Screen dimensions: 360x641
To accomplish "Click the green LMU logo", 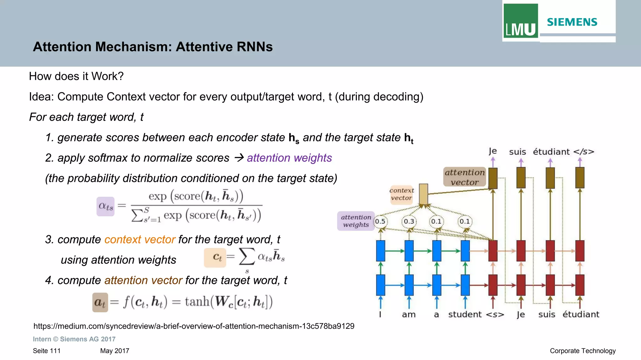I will [x=520, y=21].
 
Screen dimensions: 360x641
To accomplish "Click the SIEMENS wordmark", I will [x=572, y=22].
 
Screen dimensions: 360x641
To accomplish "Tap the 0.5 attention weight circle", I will [x=380, y=221].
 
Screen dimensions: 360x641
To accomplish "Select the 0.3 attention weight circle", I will [x=409, y=221].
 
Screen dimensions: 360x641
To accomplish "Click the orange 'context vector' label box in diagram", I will [x=402, y=194].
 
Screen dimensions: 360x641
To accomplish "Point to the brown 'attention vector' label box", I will [x=464, y=177].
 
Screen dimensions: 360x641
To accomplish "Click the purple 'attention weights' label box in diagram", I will [x=356, y=221].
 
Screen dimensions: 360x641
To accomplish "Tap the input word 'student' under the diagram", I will [x=465, y=314].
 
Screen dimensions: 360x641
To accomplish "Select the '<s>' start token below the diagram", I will [x=495, y=315].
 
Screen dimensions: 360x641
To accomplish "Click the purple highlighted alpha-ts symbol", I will [x=105, y=206].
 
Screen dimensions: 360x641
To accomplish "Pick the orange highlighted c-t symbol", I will [x=215, y=257].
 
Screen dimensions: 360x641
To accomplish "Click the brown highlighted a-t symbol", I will [x=100, y=302].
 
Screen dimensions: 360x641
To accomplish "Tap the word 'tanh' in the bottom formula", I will [x=197, y=302].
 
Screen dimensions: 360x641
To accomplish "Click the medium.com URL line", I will [x=194, y=326].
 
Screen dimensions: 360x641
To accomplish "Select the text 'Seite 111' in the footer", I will [x=47, y=351].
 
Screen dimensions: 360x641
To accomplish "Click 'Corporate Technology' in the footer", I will [x=582, y=351].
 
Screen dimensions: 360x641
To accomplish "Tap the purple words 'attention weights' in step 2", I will [x=289, y=158].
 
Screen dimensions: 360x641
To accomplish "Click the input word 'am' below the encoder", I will [x=409, y=315].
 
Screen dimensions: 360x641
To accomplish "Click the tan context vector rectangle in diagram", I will [x=423, y=194].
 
